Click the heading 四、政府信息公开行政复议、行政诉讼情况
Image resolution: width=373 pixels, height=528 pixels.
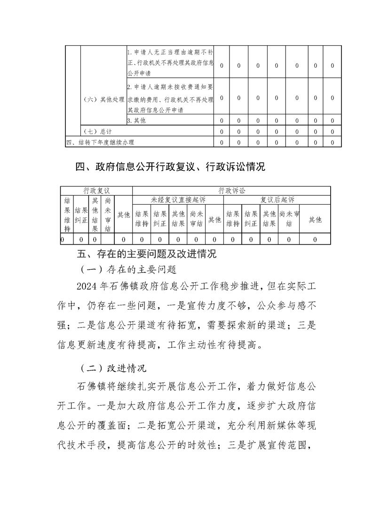click(x=170, y=167)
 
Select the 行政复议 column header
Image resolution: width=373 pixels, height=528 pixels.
click(x=96, y=191)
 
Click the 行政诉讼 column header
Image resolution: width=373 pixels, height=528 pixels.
click(x=231, y=191)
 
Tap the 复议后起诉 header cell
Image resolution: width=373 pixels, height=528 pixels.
click(x=277, y=200)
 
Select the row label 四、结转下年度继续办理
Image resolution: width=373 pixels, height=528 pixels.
click(x=103, y=142)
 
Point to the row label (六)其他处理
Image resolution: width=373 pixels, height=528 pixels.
click(x=103, y=99)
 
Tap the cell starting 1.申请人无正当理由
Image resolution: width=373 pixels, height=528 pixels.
click(x=170, y=62)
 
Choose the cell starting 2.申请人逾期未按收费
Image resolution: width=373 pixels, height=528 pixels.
click(x=170, y=98)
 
